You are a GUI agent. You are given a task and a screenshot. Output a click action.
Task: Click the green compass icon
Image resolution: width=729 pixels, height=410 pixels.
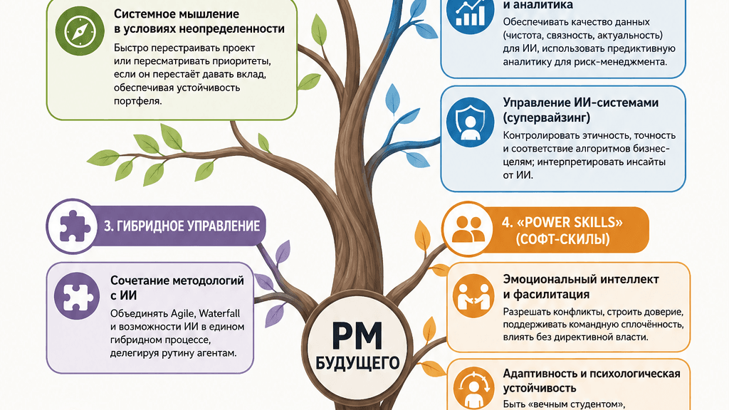pyautogui.click(x=79, y=31)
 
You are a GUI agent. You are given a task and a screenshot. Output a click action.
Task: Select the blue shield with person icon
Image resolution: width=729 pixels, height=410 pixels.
pyautogui.click(x=470, y=122)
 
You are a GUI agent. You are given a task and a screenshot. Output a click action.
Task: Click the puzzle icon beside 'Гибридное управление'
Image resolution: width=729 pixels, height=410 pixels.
pyautogui.click(x=73, y=226)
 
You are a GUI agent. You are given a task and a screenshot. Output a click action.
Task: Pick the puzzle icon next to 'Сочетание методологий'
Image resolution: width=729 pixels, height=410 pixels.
pyautogui.click(x=77, y=296)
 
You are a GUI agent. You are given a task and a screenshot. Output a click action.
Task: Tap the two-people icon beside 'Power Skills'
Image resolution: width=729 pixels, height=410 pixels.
pyautogui.click(x=468, y=228)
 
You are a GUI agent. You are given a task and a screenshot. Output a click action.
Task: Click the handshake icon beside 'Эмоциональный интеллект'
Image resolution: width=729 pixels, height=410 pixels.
pyautogui.click(x=473, y=296)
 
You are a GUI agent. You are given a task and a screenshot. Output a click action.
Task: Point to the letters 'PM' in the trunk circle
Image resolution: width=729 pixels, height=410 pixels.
pyautogui.click(x=357, y=336)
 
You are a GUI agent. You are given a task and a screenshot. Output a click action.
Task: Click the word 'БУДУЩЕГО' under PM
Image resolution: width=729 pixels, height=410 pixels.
pyautogui.click(x=357, y=363)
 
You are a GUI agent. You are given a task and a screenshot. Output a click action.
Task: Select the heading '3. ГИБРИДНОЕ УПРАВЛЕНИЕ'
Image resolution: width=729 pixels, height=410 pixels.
pyautogui.click(x=182, y=226)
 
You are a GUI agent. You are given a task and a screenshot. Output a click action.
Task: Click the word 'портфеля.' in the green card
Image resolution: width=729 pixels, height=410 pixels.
pyautogui.click(x=138, y=101)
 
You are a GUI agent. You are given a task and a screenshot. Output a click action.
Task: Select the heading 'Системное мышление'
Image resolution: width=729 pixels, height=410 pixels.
pyautogui.click(x=177, y=14)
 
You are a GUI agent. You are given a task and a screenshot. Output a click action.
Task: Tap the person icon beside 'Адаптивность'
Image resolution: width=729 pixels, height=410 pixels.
pyautogui.click(x=473, y=388)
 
